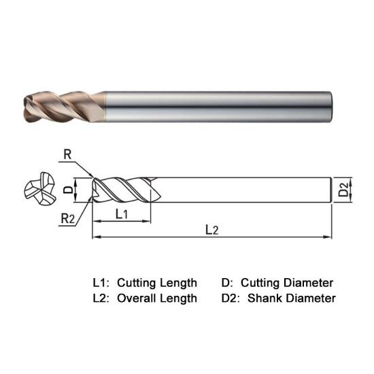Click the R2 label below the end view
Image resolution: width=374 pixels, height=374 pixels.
click(x=67, y=219)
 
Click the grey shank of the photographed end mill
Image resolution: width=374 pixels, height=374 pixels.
click(x=218, y=104)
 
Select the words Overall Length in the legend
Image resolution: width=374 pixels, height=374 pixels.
click(x=157, y=298)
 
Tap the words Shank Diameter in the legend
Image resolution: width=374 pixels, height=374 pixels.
click(x=292, y=298)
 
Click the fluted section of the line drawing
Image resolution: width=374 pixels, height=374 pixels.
click(x=122, y=189)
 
